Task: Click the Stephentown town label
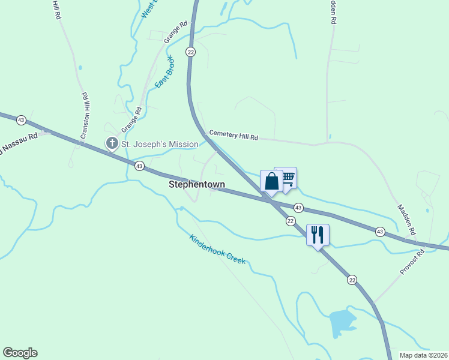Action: tap(196, 185)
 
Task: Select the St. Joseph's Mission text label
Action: tap(160, 144)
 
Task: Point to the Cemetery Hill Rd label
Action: tap(233, 136)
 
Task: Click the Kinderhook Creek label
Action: tap(217, 248)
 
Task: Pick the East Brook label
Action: tap(164, 72)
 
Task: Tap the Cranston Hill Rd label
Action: tap(85, 116)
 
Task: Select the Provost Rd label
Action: tap(412, 262)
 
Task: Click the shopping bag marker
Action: tap(271, 181)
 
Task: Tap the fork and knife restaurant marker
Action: tap(318, 235)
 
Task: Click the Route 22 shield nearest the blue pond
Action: tap(352, 280)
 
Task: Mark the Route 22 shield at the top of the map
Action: tap(190, 52)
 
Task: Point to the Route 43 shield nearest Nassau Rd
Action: tap(21, 120)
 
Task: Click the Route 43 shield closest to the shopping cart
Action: tap(298, 207)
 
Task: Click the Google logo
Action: tap(20, 353)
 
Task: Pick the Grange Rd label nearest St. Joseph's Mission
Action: tap(131, 119)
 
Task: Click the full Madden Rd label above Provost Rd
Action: tap(406, 218)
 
